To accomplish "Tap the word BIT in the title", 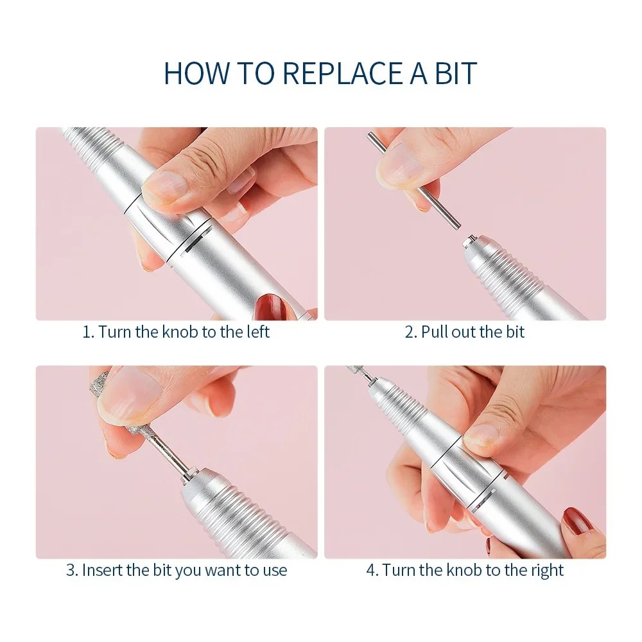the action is pos(456,73).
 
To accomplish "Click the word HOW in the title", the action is pos(196,73).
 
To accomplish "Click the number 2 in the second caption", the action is pos(409,332).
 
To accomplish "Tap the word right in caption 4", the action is pos(547,571).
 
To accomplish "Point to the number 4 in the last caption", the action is pos(370,571).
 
